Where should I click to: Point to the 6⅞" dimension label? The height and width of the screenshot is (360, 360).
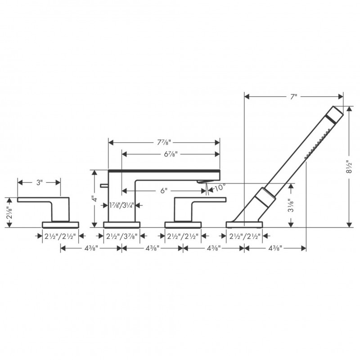tap(170, 154)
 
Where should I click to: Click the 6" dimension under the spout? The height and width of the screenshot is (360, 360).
tap(163, 190)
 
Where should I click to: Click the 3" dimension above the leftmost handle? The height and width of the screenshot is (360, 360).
tap(39, 182)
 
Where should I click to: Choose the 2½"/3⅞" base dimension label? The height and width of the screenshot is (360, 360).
tap(121, 235)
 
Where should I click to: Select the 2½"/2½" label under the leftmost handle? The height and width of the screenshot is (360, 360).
tap(60, 235)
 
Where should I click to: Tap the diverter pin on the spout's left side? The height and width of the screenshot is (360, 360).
tap(104, 185)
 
